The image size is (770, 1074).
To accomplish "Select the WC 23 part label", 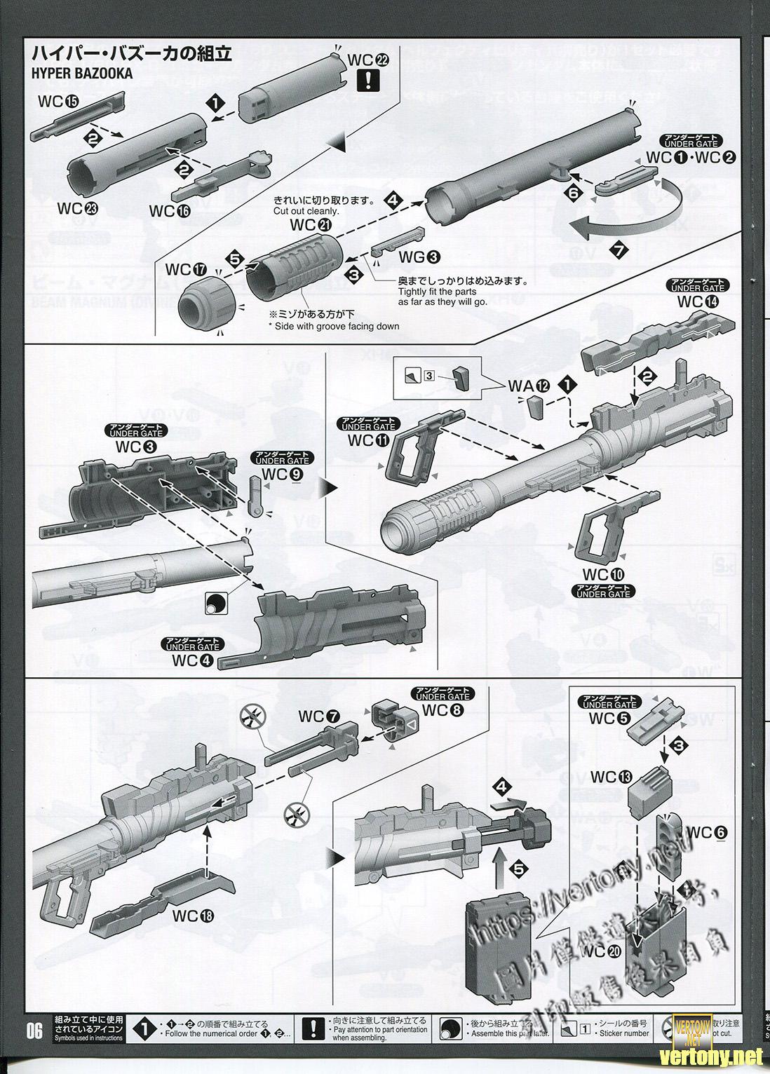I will point(78,208).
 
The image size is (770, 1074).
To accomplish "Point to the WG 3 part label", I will point(419,257).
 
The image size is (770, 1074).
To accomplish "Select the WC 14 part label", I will point(698,302).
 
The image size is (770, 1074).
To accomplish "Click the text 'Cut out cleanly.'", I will point(306,211).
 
